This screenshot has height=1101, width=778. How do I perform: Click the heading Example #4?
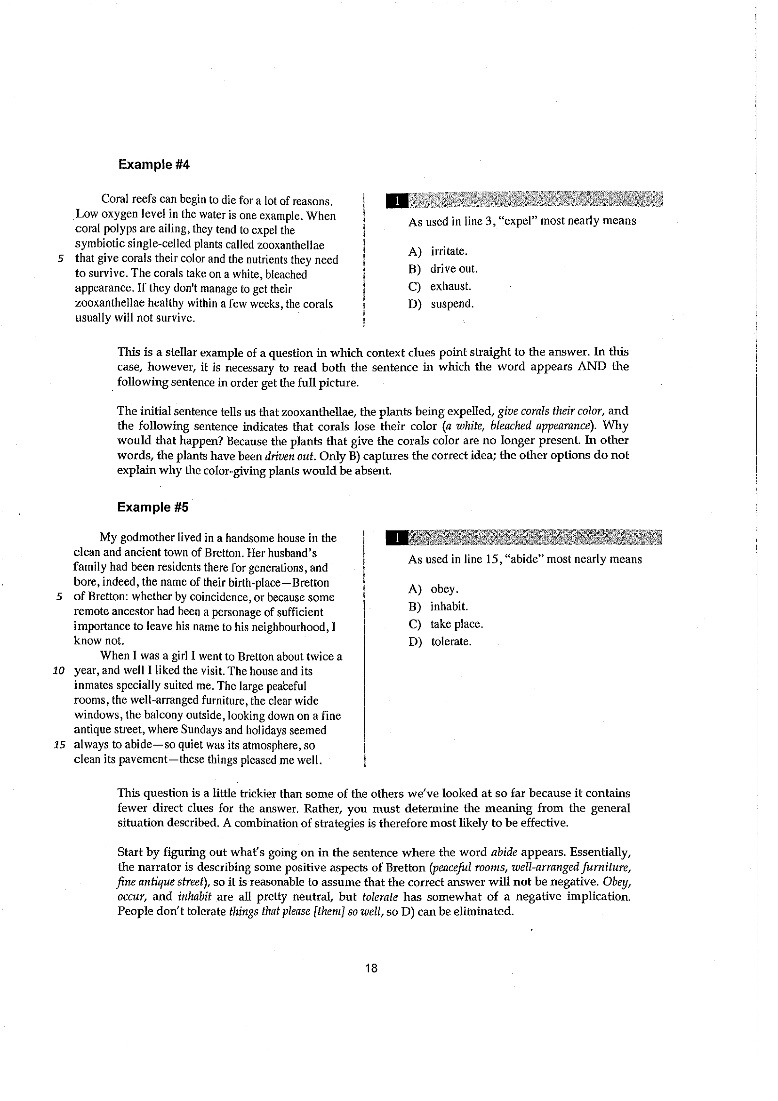click(x=154, y=165)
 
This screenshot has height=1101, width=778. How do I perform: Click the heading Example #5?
click(x=153, y=507)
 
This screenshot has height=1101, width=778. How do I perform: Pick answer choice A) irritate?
click(x=438, y=252)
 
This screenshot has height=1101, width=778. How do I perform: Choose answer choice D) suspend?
click(x=441, y=304)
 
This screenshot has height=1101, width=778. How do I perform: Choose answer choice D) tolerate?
click(x=440, y=642)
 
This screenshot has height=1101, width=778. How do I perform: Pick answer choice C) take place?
click(x=445, y=624)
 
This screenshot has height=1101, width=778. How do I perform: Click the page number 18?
click(x=371, y=969)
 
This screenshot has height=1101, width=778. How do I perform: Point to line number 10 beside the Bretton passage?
click(x=58, y=671)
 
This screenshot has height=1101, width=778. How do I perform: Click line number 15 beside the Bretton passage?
click(x=59, y=746)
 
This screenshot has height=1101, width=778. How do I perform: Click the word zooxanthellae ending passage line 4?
click(x=291, y=245)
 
